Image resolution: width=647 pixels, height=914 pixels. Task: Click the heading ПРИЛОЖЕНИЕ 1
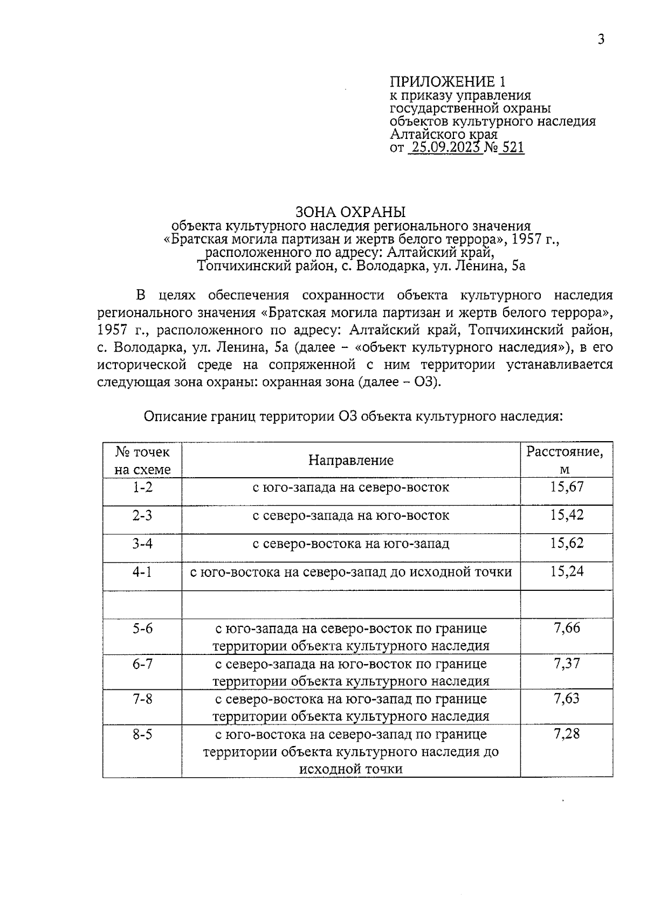pos(448,82)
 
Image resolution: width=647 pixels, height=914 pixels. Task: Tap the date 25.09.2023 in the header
pos(445,148)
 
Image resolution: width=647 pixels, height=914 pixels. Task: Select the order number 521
pos(512,148)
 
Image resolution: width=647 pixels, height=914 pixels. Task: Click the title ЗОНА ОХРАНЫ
pos(350,212)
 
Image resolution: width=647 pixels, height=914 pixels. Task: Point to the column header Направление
pos(351,460)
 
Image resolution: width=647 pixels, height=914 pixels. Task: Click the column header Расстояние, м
pos(565,460)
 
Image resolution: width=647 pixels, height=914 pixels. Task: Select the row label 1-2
pos(143,487)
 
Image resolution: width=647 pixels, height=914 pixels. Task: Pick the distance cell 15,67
pos(567,487)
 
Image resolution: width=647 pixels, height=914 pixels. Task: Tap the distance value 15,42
pos(567,515)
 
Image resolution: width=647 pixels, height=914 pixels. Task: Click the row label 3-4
pos(143,543)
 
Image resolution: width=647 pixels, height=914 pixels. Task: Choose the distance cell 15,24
pos(567,571)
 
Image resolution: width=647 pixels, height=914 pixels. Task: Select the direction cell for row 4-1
pos(351,571)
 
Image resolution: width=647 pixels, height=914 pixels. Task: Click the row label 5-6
pos(143,628)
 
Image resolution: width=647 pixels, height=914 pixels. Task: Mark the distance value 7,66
pos(567,627)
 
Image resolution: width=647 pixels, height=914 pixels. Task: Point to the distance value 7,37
pos(567,663)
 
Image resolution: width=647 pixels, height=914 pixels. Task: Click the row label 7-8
pos(143,699)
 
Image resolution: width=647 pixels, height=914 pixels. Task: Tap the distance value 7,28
pos(567,734)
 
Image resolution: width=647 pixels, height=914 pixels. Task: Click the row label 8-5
pos(143,734)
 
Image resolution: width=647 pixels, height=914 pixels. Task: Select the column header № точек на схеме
pos(143,460)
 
